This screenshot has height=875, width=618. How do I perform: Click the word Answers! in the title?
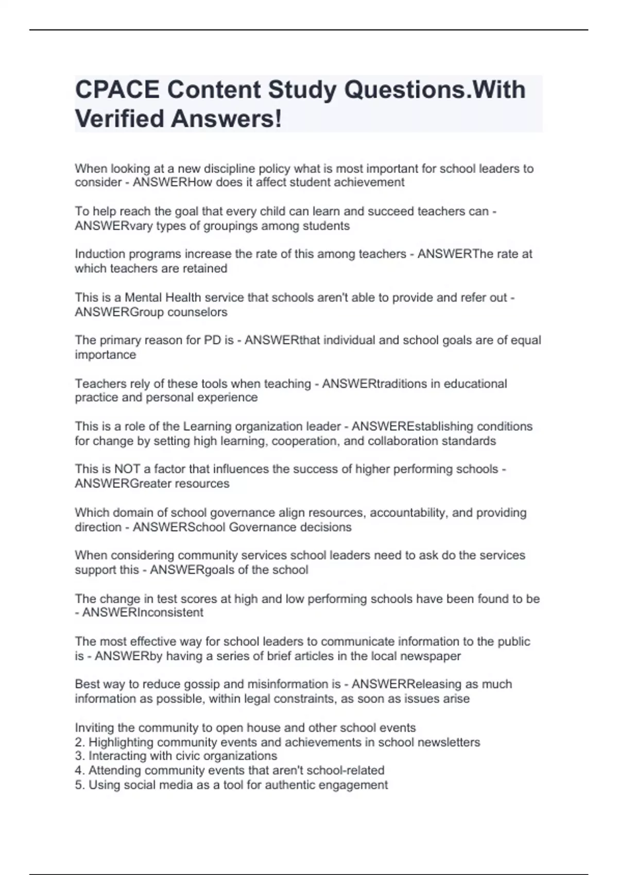[x=227, y=119]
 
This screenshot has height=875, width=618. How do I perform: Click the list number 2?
[x=79, y=743]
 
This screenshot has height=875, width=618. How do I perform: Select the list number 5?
[x=79, y=785]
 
